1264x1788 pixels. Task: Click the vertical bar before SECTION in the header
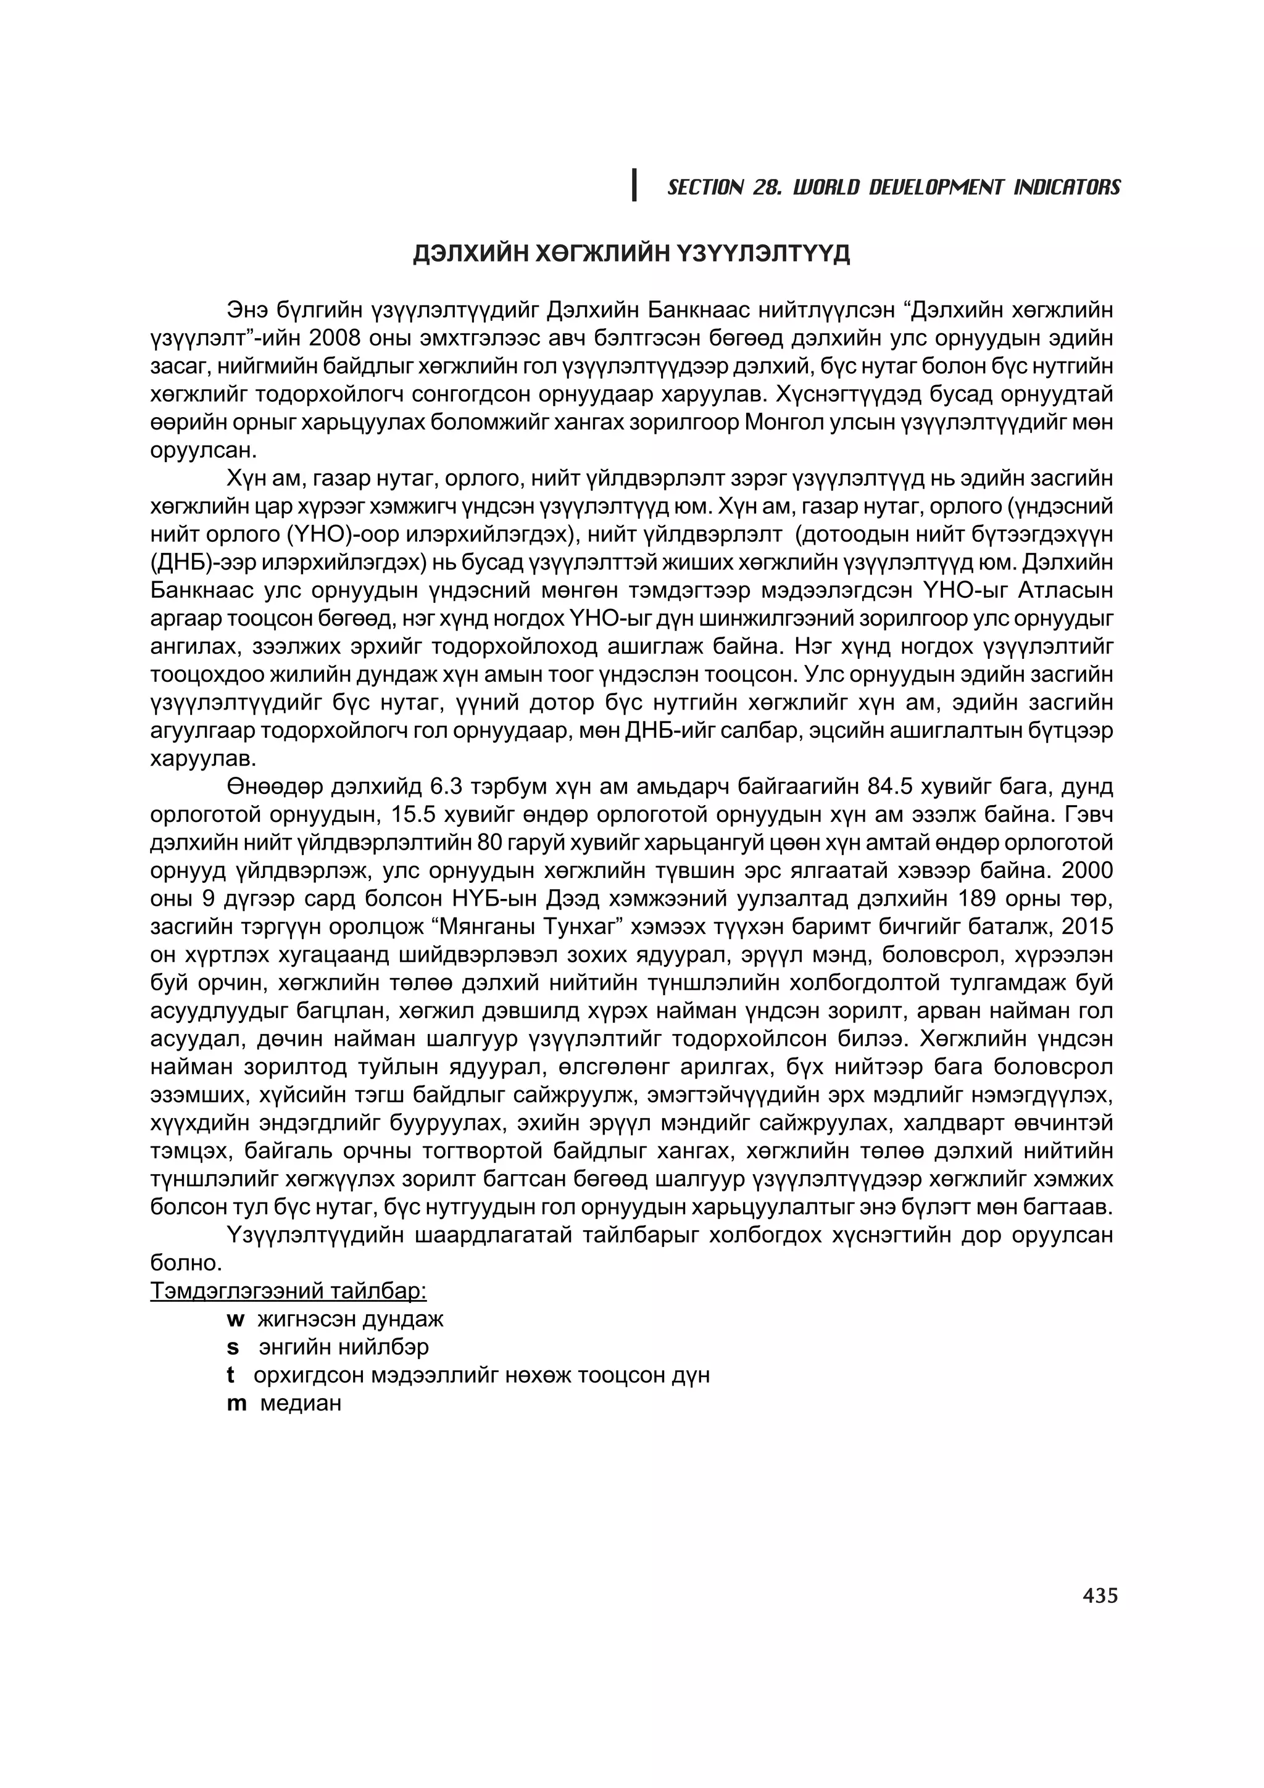634,185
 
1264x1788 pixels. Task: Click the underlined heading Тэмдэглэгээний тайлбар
288,1291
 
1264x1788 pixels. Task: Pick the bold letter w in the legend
235,1320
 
